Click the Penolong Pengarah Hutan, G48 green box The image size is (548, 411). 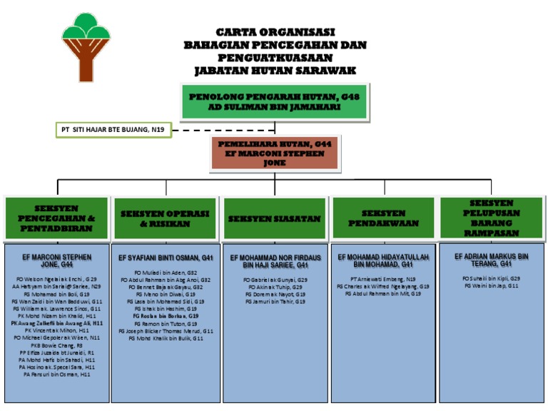[275, 101]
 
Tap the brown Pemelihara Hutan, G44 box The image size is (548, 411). [275, 153]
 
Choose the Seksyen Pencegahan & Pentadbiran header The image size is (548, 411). [56, 218]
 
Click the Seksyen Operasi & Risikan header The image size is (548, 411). [166, 218]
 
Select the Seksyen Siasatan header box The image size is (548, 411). [275, 218]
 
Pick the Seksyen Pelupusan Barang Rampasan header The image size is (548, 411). [492, 218]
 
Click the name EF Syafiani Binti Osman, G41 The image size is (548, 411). [166, 257]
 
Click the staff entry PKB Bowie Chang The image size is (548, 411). [56, 345]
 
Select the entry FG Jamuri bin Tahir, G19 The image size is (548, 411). [275, 302]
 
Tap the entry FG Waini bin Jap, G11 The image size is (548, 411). [492, 285]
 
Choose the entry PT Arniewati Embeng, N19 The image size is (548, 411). [383, 279]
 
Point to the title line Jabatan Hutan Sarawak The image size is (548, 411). [275, 71]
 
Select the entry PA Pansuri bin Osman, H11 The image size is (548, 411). [57, 374]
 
